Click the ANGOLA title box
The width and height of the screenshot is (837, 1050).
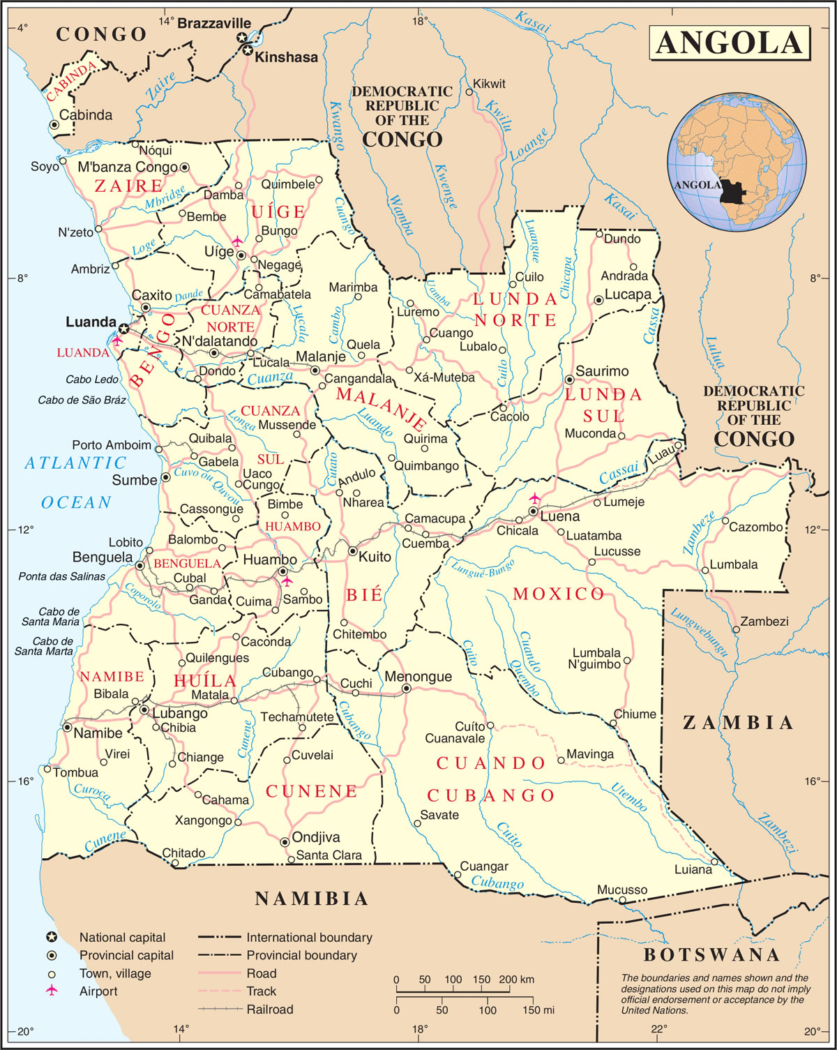point(729,43)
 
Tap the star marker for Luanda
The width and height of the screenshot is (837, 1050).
point(124,329)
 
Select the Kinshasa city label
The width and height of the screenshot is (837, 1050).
point(286,57)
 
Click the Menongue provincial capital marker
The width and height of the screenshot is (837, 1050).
point(406,689)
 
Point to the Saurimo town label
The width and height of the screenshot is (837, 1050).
point(601,371)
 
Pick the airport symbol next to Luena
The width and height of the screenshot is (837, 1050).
point(534,498)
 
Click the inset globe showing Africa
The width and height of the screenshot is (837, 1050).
point(737,163)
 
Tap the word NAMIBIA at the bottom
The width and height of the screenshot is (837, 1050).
point(311,899)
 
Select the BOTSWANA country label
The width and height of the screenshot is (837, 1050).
point(711,954)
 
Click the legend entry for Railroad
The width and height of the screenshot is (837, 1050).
point(269,1009)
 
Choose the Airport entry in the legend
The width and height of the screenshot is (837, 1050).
point(98,991)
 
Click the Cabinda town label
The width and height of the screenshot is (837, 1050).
point(85,115)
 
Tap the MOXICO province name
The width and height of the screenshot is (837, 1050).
point(559,594)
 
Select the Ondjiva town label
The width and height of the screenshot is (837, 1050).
point(316,837)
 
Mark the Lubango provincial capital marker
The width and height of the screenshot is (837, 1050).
point(144,710)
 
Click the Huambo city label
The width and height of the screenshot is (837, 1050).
point(269,560)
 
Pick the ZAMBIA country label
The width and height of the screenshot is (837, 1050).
point(738,723)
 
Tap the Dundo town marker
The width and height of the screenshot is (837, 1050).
point(599,234)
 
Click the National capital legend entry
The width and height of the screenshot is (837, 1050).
point(122,938)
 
